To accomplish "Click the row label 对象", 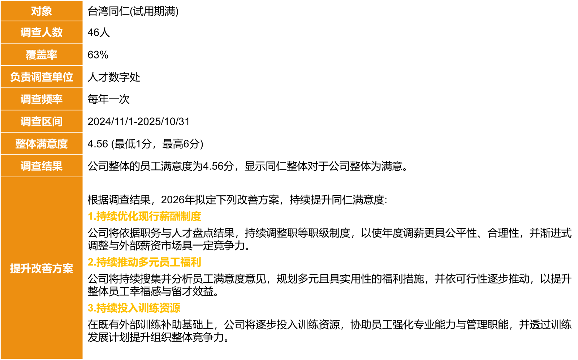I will point(42,11).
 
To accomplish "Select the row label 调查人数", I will point(42,32).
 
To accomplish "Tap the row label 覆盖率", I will point(42,55).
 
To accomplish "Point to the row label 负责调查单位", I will point(42,77).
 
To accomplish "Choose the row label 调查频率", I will point(42,99).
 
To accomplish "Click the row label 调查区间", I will point(42,122).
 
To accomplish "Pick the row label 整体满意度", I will point(42,144).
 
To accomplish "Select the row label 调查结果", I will point(42,166).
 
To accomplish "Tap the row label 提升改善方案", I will point(42,268).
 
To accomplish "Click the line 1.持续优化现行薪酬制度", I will point(144,216).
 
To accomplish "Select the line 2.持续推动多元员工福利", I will point(144,262).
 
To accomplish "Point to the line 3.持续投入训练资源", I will point(134,308).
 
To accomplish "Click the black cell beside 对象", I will point(329,11).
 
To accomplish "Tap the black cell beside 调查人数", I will point(329,32).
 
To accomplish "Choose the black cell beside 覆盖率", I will point(329,55).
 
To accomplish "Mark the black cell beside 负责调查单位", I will point(329,77).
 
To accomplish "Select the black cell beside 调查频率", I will point(329,99).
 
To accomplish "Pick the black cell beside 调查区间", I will point(329,121).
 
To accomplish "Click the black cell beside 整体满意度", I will point(329,144).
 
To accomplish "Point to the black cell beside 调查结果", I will point(329,166).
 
